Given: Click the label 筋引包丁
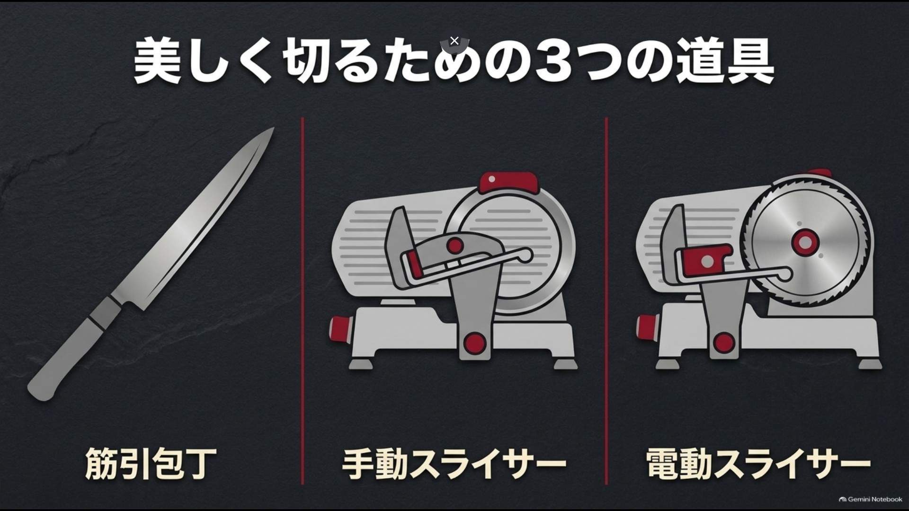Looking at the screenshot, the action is coord(151,463).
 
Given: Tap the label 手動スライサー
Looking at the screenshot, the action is coord(454,464).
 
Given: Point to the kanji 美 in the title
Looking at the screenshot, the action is coord(158,62).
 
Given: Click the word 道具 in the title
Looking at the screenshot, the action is coord(725,62).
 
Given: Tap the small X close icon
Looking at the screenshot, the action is coord(454,41).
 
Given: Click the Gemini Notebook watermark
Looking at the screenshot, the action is coord(870,499).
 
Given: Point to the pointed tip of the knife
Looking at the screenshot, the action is coord(274,128).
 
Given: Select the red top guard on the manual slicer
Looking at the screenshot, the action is coord(508,182).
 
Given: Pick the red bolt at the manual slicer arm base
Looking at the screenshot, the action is coord(475,343).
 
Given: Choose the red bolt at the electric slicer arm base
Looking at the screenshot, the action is coord(724,342).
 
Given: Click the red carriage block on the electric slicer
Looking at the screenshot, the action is coord(705,261).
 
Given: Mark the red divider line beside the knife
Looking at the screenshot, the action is coord(302,301).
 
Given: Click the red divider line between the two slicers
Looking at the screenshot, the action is coord(606,301).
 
